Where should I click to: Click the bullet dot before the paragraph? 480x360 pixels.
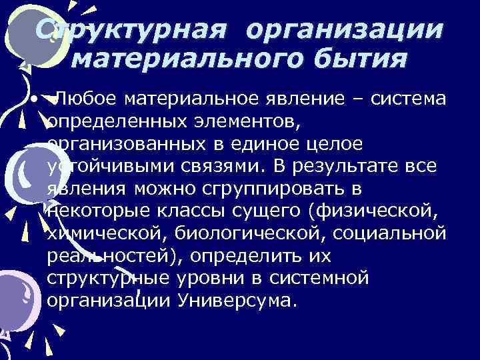click(x=32, y=100)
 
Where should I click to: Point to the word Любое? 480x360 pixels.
click(x=87, y=100)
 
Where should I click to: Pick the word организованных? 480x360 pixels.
click(x=129, y=144)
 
